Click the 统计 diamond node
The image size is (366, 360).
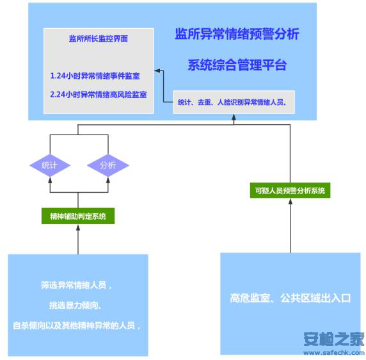coord(50,165)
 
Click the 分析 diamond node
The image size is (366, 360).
coord(108,165)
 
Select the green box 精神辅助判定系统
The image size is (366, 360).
coord(78,216)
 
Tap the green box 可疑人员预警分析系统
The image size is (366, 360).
coord(290,190)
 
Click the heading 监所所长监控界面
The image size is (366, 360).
coord(99,38)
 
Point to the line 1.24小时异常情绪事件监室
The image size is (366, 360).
coord(95,76)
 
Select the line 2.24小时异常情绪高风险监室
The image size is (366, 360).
coord(99,94)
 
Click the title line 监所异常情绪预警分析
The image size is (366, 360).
coord(237,34)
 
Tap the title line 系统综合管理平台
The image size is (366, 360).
coord(237,65)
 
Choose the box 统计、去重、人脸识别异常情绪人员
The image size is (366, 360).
coord(234,102)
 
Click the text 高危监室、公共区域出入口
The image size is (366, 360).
coord(290,298)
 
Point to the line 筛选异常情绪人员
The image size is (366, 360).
coord(76,285)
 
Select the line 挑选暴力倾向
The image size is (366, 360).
coord(75,306)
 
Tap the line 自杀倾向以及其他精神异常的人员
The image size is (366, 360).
coord(77,325)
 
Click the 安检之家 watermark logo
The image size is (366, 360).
coord(334,339)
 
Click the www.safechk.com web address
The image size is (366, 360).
coord(334,352)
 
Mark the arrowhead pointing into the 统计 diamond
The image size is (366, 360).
coord(50,179)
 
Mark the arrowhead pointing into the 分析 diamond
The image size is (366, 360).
coord(108,179)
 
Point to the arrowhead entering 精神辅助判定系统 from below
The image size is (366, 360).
coord(78,227)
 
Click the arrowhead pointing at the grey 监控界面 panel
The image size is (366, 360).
coord(157,70)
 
